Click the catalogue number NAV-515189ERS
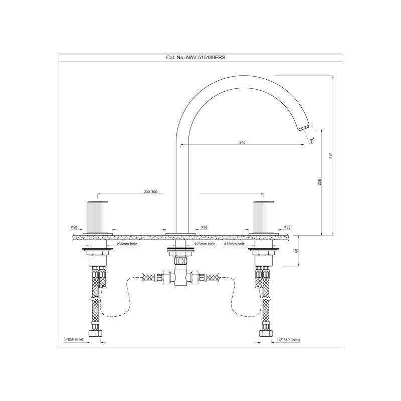pos(205,58)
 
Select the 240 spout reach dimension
pos(242,142)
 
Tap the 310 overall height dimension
pos(331,155)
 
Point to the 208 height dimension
pos(319,182)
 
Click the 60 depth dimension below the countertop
pos(297,251)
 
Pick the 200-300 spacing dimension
pos(151,192)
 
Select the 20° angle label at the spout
pos(312,139)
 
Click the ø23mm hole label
pos(205,244)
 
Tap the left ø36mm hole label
pos(127,244)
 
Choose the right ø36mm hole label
pos(234,244)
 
